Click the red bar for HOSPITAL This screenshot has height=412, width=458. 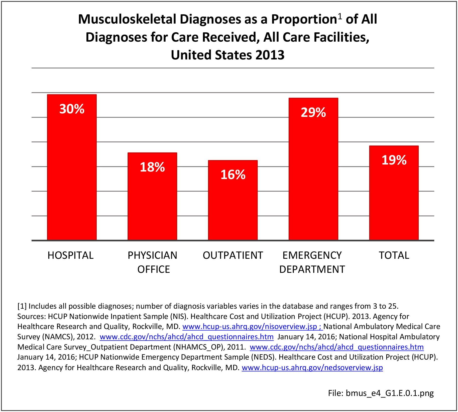[72, 171]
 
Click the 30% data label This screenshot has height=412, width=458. [72, 109]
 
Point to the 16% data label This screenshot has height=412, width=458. [233, 175]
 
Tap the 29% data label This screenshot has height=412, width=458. [313, 113]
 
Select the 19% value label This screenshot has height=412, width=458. [394, 160]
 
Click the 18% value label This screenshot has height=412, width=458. [152, 167]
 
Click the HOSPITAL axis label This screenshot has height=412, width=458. [71, 256]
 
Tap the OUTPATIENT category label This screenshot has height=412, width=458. [233, 256]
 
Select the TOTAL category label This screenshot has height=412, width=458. [394, 256]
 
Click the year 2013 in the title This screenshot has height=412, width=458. [270, 55]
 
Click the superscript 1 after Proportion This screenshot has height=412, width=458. [340, 16]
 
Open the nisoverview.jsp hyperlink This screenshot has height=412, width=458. [252, 326]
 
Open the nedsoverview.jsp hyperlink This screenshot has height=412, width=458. [312, 368]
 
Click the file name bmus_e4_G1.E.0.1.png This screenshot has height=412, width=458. [390, 393]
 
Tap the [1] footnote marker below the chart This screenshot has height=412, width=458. [22, 306]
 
